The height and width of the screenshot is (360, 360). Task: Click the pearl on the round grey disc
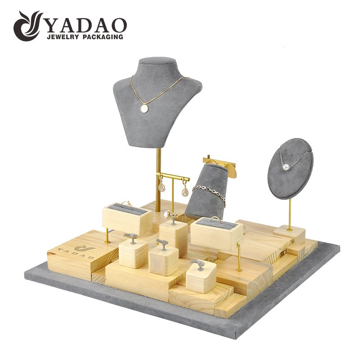pyautogui.click(x=286, y=166)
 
